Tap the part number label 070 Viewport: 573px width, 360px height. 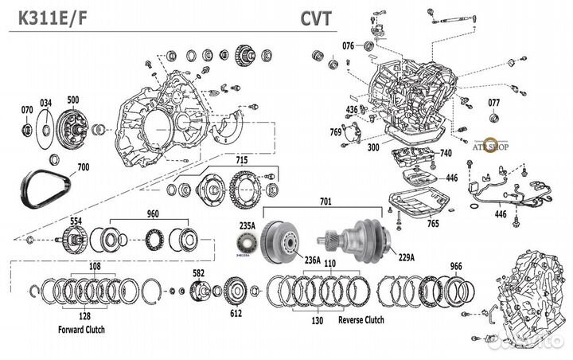click(x=27, y=108)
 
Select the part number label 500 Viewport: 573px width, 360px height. click(x=73, y=100)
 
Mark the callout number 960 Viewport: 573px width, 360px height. click(x=153, y=213)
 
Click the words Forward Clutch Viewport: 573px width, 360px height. click(x=82, y=329)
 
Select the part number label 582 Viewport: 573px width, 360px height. click(x=199, y=273)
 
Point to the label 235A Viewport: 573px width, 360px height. click(x=248, y=225)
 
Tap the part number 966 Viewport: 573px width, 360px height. click(x=455, y=267)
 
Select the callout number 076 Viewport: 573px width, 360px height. click(x=349, y=46)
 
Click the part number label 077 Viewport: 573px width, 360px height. click(x=493, y=102)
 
